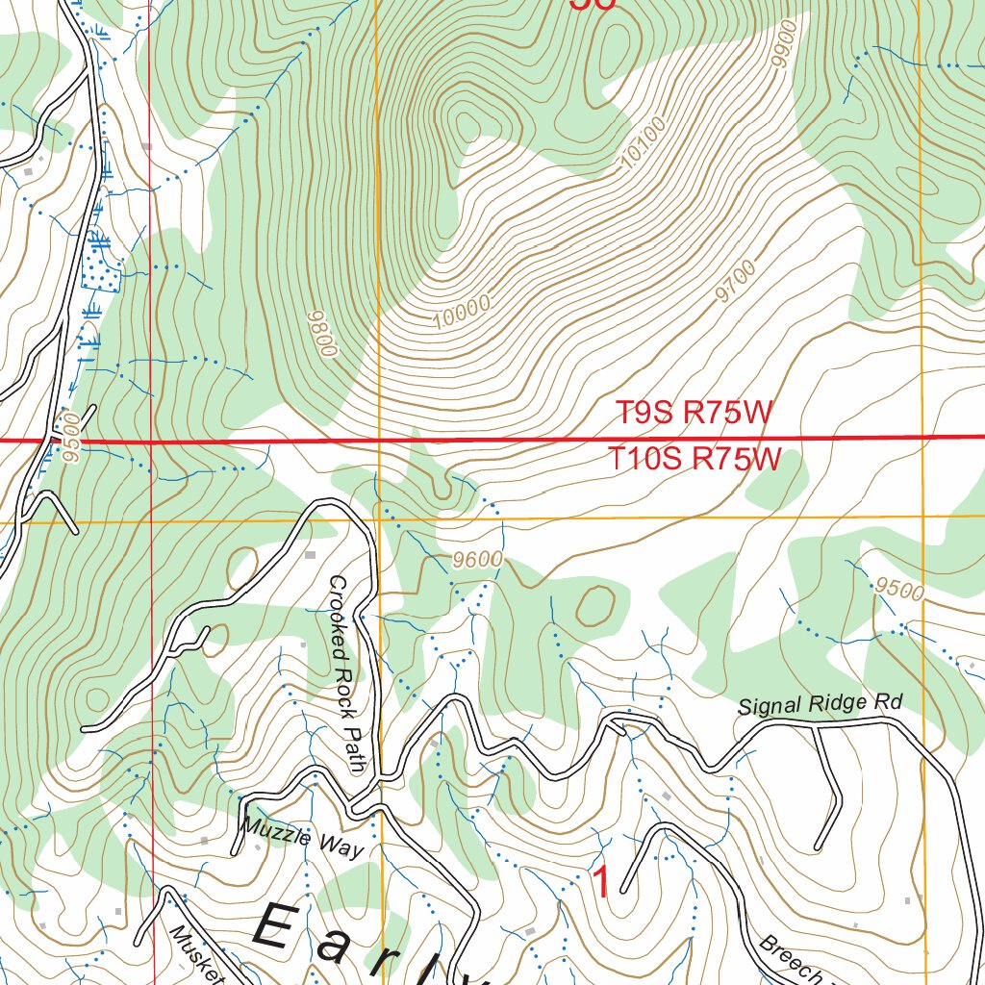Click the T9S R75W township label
(x=694, y=414)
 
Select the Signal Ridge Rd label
(x=820, y=705)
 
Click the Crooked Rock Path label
(x=347, y=673)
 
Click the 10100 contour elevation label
(x=643, y=153)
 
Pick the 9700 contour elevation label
(x=736, y=282)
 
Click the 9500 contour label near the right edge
(x=899, y=589)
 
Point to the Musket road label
(x=196, y=958)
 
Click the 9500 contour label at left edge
(x=66, y=442)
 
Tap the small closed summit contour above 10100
(x=468, y=125)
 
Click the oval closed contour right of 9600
(x=594, y=604)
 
